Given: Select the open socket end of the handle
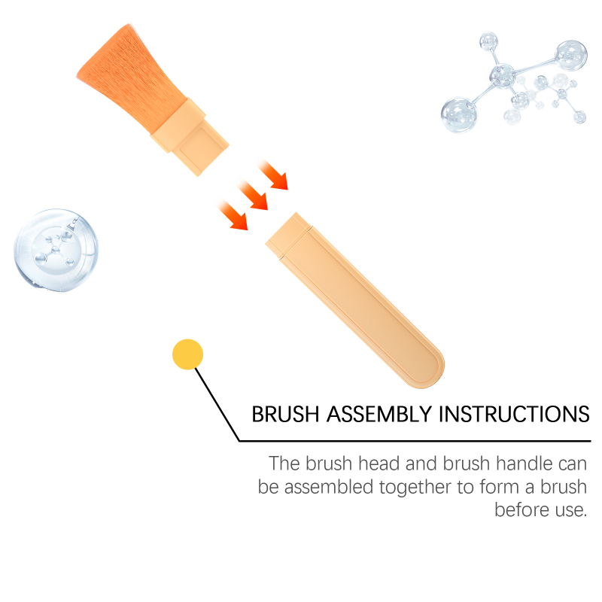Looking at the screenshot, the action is [x=286, y=235].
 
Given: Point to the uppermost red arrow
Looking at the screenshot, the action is [x=272, y=175].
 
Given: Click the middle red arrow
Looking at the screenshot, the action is [x=252, y=195].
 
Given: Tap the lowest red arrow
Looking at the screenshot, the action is [x=233, y=215].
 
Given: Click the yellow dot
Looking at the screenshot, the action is [x=187, y=354].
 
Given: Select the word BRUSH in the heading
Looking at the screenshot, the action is [x=285, y=415].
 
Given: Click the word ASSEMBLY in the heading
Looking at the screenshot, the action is [x=379, y=415].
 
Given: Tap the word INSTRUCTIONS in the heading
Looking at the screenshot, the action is [x=514, y=415].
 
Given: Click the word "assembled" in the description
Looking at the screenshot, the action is [x=329, y=487].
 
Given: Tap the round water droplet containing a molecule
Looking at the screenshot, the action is [x=56, y=250].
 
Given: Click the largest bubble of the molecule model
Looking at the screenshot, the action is [x=459, y=115].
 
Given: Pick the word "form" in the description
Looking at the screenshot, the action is [x=500, y=487].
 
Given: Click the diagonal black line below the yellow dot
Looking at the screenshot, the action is [x=217, y=405].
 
